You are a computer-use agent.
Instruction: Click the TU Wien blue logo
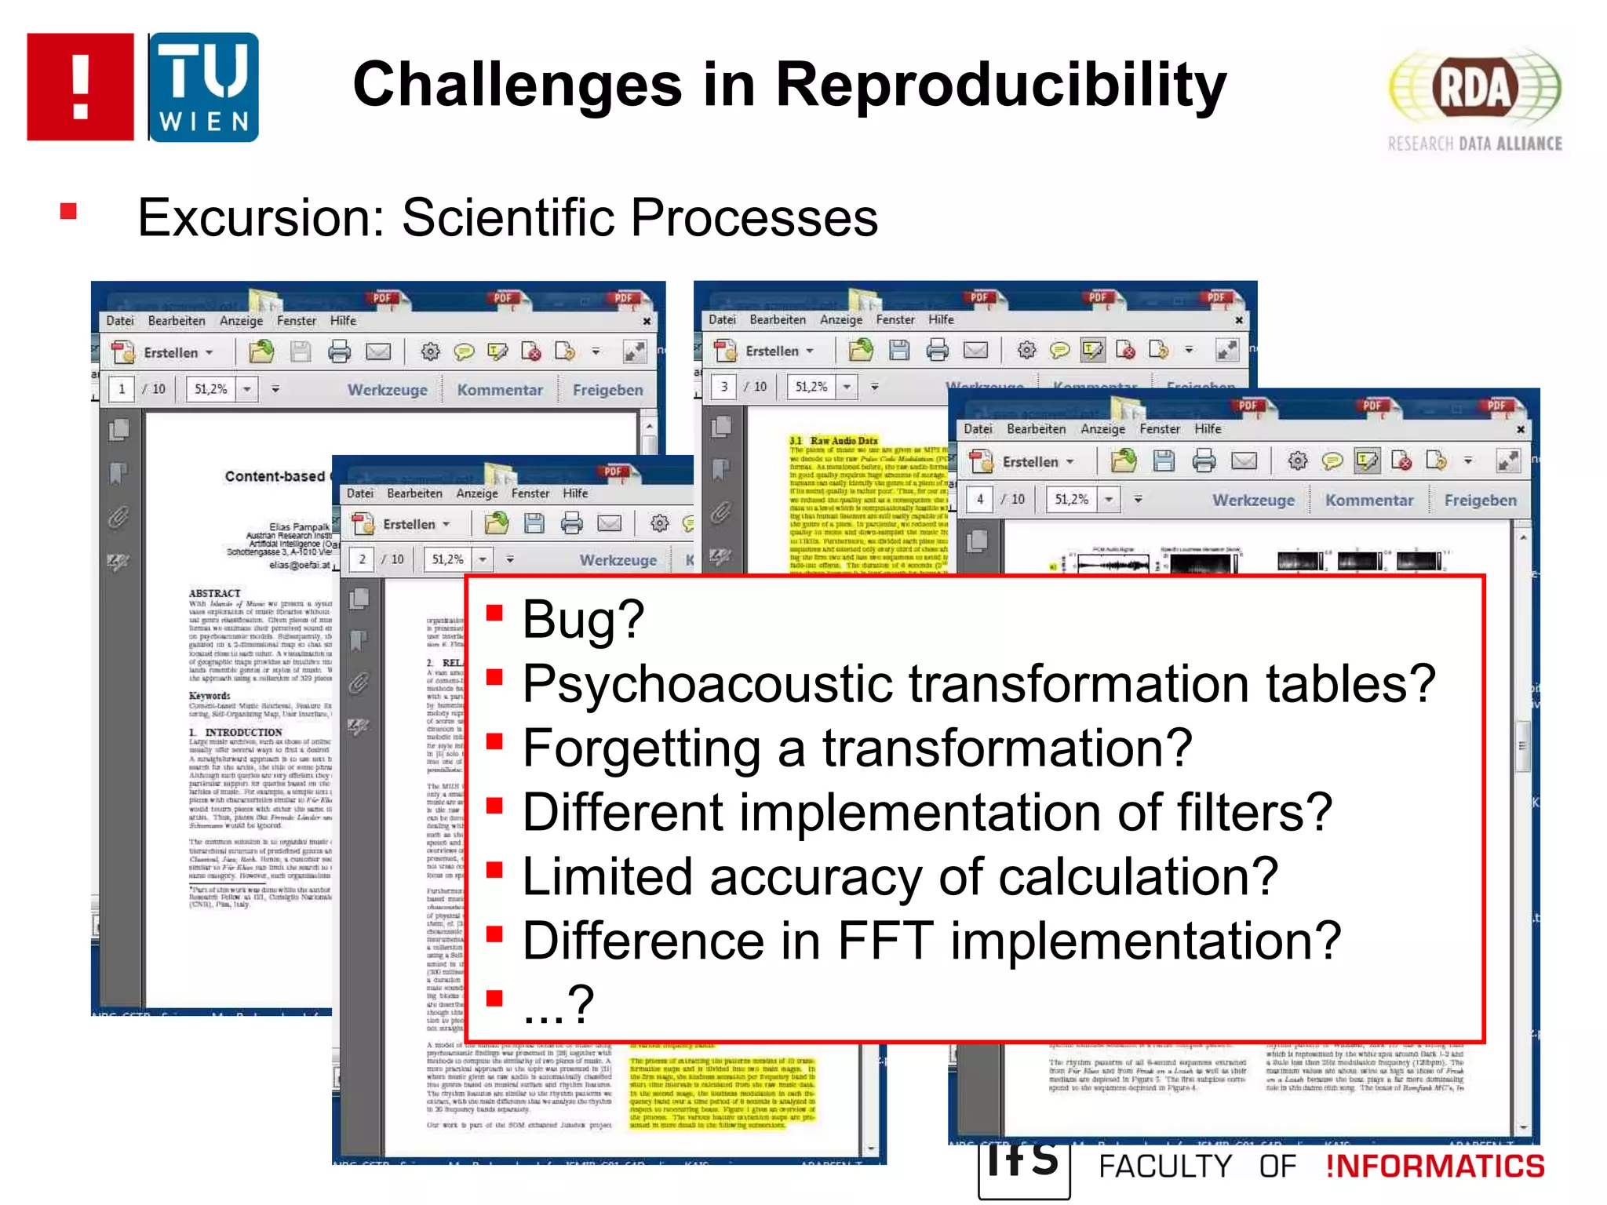[203, 87]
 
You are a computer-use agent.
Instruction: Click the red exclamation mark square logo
[80, 87]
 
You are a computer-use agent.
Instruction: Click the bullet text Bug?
[583, 619]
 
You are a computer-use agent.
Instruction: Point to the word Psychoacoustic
[706, 684]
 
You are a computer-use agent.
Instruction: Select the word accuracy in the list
[814, 876]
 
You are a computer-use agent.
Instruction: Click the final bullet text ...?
[558, 1005]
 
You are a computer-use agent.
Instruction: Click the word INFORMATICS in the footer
[1434, 1167]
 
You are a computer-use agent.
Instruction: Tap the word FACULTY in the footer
[1164, 1167]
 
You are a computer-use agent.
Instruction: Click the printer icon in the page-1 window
[339, 351]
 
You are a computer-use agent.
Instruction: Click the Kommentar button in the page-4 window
[1368, 501]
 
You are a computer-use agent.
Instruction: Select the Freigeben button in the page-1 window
[607, 390]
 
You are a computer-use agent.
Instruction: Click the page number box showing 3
[723, 387]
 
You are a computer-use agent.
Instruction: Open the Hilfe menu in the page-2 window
[574, 493]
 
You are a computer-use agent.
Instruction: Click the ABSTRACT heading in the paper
[214, 593]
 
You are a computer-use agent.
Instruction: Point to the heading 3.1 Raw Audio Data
[833, 441]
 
